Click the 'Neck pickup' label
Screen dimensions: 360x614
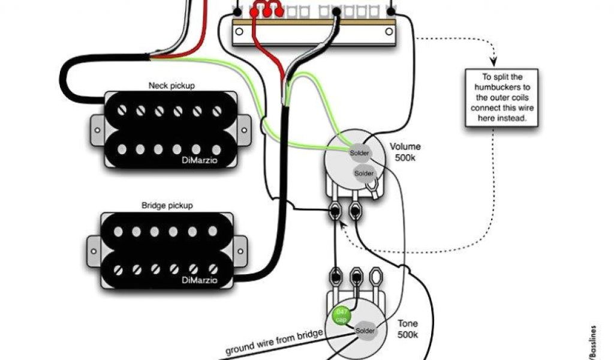pos(171,86)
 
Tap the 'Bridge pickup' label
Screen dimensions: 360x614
pos(167,205)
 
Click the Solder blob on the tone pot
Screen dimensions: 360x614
pos(365,331)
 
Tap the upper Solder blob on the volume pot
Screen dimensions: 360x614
pos(360,153)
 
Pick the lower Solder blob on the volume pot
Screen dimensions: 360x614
pos(364,173)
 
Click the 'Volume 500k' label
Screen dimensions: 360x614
pos(405,152)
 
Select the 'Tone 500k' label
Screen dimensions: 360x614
pos(408,329)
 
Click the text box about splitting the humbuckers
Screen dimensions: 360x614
pos(501,97)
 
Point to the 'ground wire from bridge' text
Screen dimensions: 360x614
pos(275,341)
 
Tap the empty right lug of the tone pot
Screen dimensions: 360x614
pos(377,278)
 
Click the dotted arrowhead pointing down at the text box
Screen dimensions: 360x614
pos(495,61)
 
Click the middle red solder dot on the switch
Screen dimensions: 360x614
pos(267,11)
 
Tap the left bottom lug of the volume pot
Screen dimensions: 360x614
pos(336,211)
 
